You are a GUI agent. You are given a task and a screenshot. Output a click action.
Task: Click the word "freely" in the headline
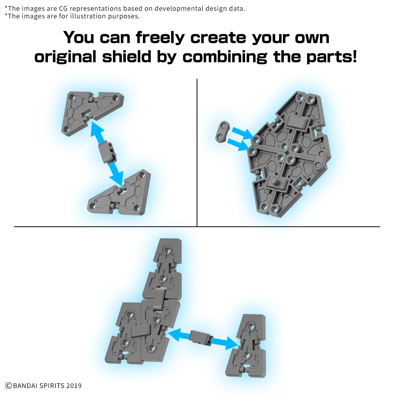(160, 38)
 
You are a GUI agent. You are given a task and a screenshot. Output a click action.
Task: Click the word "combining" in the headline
(225, 57)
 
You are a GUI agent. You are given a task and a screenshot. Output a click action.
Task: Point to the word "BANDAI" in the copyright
(25, 386)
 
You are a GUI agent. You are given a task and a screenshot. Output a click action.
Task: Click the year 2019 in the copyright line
(74, 386)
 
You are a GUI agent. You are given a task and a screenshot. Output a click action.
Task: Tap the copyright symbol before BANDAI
(9, 386)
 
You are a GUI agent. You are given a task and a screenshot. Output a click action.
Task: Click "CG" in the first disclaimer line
(63, 8)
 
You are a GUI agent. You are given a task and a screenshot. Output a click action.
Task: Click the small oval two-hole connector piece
(223, 132)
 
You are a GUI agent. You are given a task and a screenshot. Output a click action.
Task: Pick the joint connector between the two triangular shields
(107, 152)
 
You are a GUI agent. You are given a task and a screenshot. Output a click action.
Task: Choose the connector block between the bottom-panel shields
(200, 337)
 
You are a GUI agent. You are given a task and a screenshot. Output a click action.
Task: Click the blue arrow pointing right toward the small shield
(225, 343)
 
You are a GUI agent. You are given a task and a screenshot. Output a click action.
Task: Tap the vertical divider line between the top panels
(197, 152)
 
